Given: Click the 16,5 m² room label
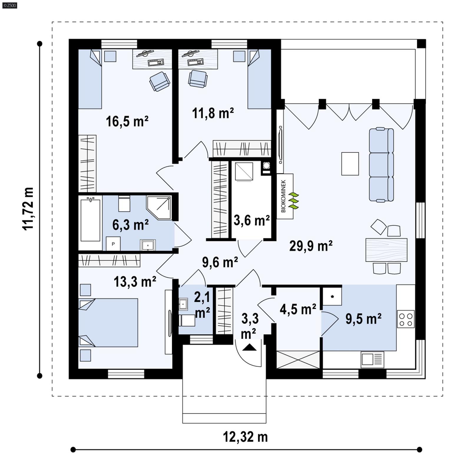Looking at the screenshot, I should [127, 121].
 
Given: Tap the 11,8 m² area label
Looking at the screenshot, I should [213, 113].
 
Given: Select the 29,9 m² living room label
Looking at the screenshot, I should [311, 246].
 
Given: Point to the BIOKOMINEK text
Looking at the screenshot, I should [283, 196].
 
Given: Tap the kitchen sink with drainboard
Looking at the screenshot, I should [372, 359].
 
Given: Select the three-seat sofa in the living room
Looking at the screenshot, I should [381, 165].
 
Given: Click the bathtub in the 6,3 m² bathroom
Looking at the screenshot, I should [90, 220].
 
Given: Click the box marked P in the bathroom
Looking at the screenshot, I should [113, 244].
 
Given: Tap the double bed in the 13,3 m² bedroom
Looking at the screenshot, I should [108, 323].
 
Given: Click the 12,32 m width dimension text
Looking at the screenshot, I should [245, 437].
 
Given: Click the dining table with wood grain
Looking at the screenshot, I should [386, 250].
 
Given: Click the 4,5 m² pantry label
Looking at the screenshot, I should [298, 309].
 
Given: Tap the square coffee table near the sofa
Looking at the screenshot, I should [350, 164].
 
